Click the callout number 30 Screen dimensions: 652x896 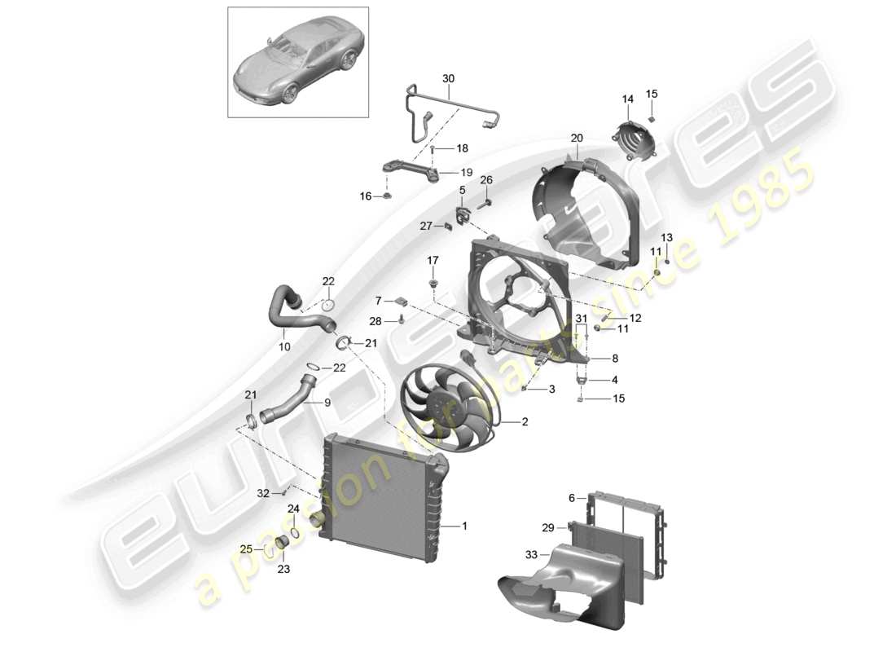(448, 78)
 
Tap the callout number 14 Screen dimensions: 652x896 (627, 99)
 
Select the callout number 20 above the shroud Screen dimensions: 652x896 (577, 139)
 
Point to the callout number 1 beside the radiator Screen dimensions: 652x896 (465, 526)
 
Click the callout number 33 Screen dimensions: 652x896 (532, 555)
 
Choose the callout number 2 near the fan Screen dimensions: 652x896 (525, 422)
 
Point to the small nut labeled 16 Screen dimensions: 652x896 (388, 196)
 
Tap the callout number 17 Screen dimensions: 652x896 (433, 260)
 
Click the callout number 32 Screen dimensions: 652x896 (262, 493)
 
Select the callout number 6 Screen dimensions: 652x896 (572, 497)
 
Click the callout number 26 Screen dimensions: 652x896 (486, 179)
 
